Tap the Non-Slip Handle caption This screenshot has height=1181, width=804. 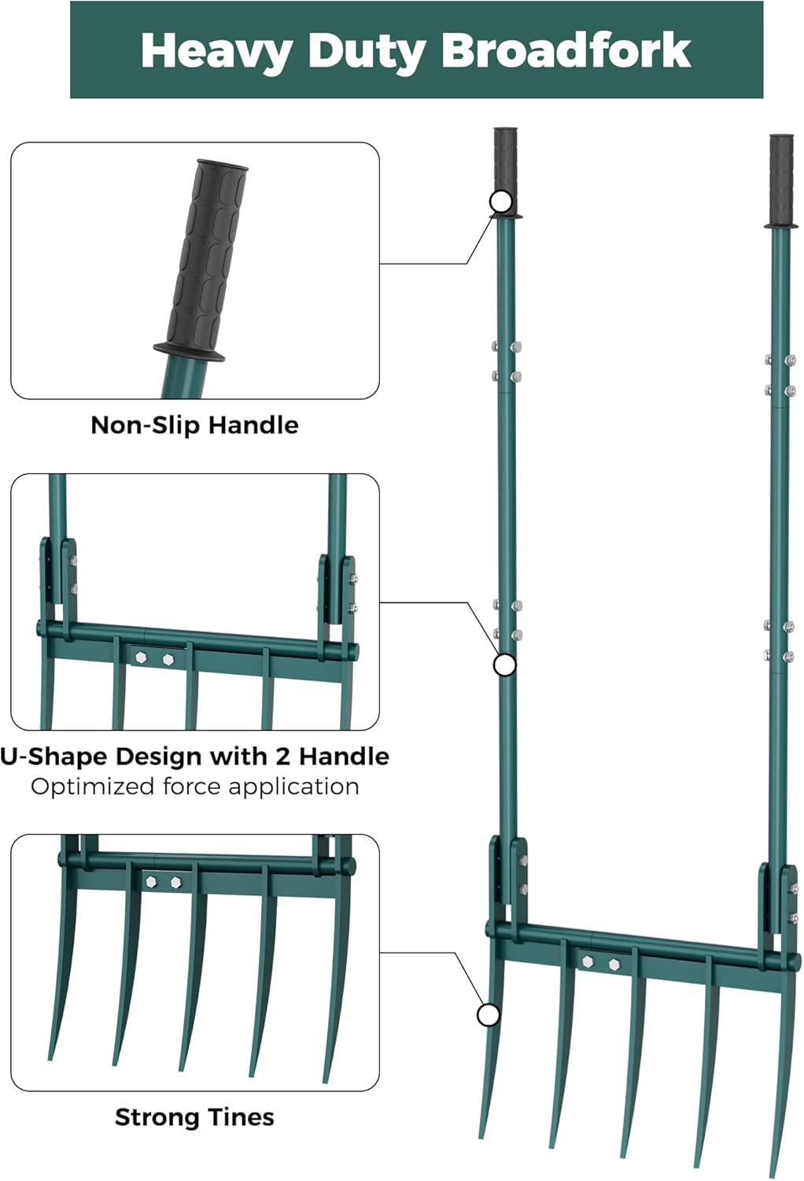(194, 425)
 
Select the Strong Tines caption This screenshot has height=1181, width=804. (194, 1117)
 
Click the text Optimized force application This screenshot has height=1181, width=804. (194, 787)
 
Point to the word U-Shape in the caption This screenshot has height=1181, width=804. (53, 757)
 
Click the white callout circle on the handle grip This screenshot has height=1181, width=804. (501, 202)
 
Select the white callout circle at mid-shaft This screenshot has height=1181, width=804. (504, 665)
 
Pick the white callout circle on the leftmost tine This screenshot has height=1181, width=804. (489, 1016)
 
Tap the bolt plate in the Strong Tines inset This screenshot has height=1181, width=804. (164, 882)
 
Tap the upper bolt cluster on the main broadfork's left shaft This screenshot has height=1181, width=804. (507, 361)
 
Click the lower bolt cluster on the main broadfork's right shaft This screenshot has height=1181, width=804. (779, 640)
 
